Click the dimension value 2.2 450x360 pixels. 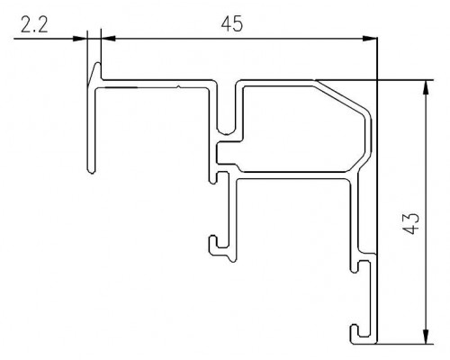(34, 25)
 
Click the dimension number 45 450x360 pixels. (231, 24)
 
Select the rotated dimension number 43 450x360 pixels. (410, 224)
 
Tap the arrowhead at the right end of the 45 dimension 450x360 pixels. (370, 39)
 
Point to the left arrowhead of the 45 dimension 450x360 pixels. (108, 39)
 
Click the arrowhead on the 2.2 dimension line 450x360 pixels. (80, 39)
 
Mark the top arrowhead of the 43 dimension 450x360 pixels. (426, 87)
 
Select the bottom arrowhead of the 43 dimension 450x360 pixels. (426, 336)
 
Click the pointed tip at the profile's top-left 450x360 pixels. (98, 63)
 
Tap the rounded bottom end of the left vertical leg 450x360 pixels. (92, 171)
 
